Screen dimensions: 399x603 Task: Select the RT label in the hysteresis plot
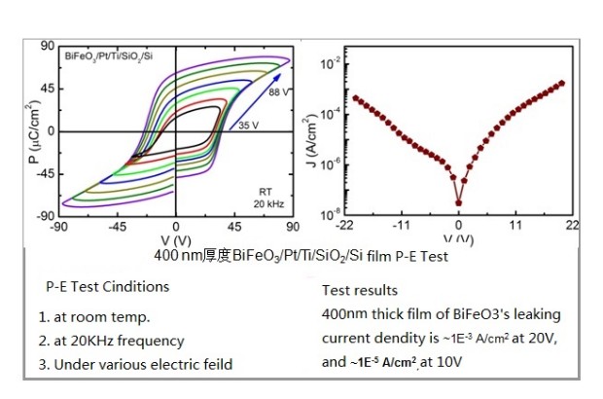[264, 191]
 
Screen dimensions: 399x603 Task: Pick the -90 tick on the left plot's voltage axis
[59, 227]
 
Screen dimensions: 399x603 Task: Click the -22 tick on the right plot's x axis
[344, 226]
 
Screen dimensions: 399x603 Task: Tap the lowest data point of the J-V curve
[459, 203]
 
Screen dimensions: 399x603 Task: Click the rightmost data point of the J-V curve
[563, 83]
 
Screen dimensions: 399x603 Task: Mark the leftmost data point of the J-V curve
[355, 97]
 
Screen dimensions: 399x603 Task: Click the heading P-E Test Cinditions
[107, 287]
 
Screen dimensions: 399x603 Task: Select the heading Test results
[360, 290]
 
